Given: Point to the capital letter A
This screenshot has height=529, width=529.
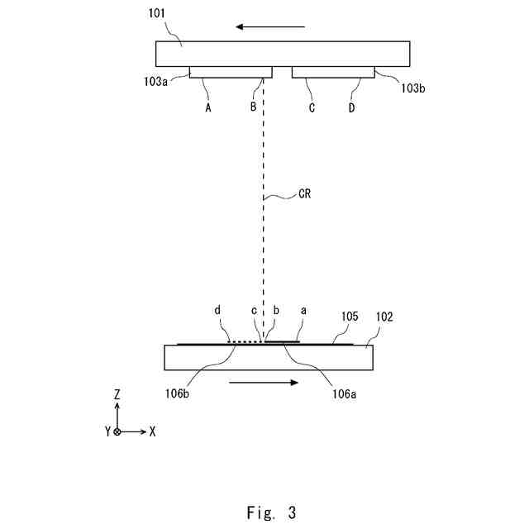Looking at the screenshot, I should click(208, 107).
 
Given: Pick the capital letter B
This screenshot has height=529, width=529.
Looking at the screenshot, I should click(254, 107).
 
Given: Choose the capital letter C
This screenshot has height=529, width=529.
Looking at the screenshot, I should click(312, 107).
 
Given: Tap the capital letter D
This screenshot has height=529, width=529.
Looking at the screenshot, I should click(351, 107).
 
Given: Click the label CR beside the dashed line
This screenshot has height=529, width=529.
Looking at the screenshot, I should click(305, 197).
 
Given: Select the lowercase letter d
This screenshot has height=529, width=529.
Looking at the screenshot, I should click(217, 311).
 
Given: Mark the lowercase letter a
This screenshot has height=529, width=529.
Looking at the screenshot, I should click(303, 310).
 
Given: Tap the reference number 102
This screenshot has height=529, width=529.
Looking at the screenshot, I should click(384, 316).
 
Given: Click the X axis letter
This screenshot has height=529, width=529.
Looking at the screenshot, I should click(152, 431).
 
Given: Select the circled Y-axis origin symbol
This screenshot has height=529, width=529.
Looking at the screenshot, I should click(117, 431).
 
